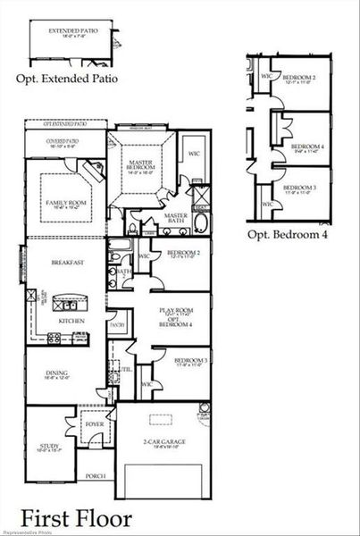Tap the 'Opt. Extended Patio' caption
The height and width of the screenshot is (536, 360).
point(66,79)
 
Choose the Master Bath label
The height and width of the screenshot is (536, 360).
point(175,217)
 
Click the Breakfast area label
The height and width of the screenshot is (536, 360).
point(66,263)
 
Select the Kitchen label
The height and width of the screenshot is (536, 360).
point(71,320)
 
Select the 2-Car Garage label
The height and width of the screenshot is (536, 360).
point(163,441)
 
